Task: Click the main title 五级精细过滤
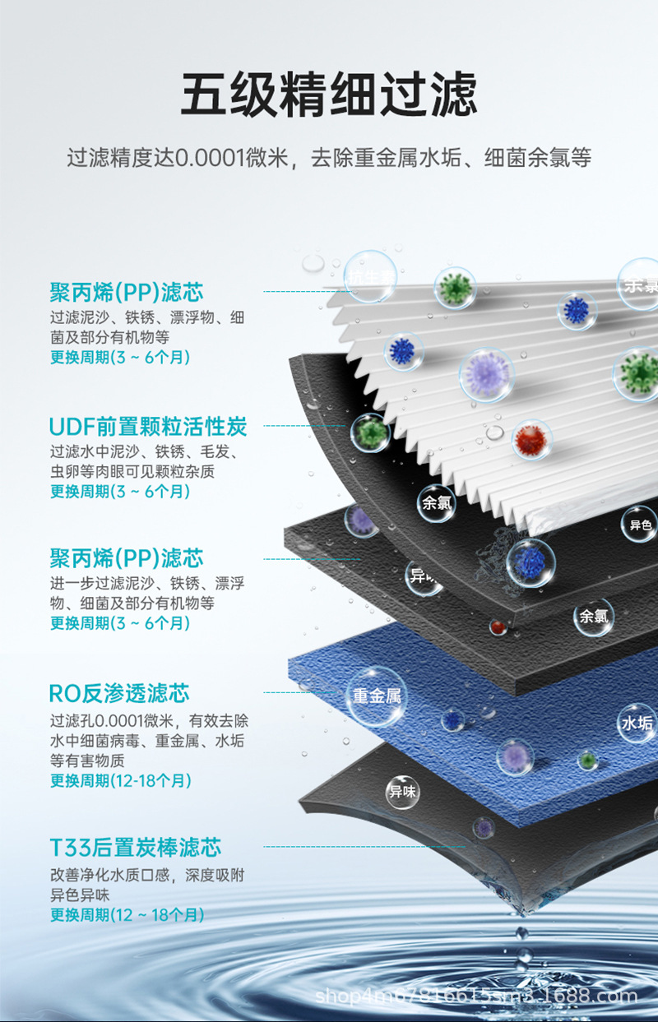click(328, 95)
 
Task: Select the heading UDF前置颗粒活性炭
click(148, 427)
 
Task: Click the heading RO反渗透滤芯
click(119, 693)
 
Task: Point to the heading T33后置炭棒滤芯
click(136, 848)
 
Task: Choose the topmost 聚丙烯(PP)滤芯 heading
click(126, 292)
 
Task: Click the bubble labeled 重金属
click(376, 696)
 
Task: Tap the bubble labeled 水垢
click(637, 723)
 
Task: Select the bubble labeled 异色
click(640, 525)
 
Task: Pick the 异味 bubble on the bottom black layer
click(403, 793)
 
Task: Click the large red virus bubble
click(531, 440)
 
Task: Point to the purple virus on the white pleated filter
click(485, 375)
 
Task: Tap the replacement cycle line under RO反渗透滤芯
click(121, 780)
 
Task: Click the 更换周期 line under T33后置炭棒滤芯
click(127, 915)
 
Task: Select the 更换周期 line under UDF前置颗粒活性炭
click(120, 492)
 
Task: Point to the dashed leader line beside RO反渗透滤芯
click(304, 692)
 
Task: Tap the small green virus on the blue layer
click(586, 761)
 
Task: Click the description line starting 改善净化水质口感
click(146, 876)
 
